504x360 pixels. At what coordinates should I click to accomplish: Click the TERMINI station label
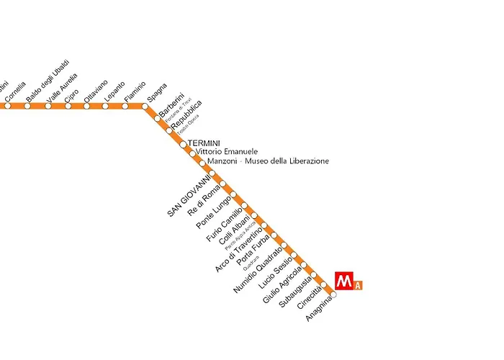point(203,143)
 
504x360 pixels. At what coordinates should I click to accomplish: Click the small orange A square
point(358,285)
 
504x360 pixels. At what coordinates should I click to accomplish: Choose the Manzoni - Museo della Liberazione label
point(268,161)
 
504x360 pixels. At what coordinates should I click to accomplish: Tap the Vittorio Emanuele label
point(227,152)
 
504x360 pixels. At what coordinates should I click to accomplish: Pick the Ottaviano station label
point(96,90)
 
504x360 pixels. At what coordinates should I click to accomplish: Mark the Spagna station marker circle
point(145,107)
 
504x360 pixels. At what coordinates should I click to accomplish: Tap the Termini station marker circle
point(183,144)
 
